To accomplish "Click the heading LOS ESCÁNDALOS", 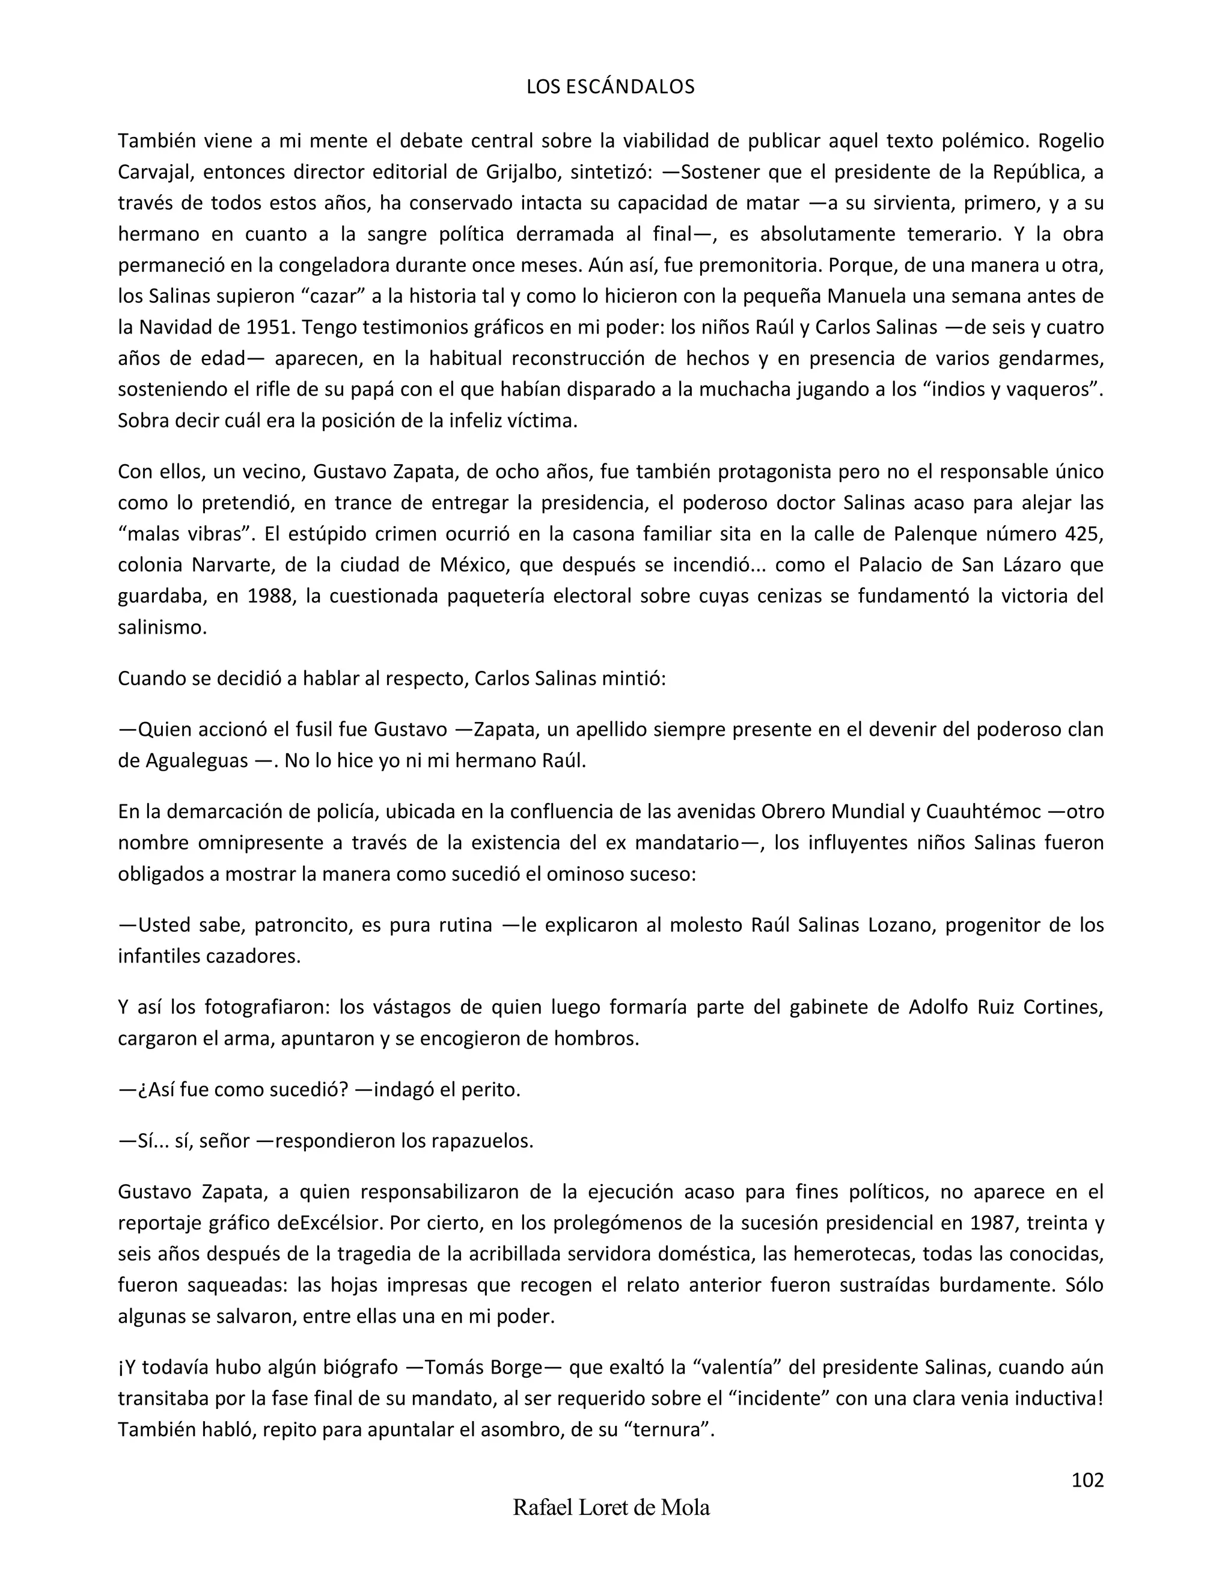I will pyautogui.click(x=611, y=87).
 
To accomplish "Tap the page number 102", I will pyautogui.click(x=1087, y=1480).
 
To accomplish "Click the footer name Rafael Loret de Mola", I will pyautogui.click(x=611, y=1508).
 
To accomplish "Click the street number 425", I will pyautogui.click(x=1084, y=534).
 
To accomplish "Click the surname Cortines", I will pyautogui.click(x=1063, y=1007).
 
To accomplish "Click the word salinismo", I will pyautogui.click(x=163, y=627).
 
